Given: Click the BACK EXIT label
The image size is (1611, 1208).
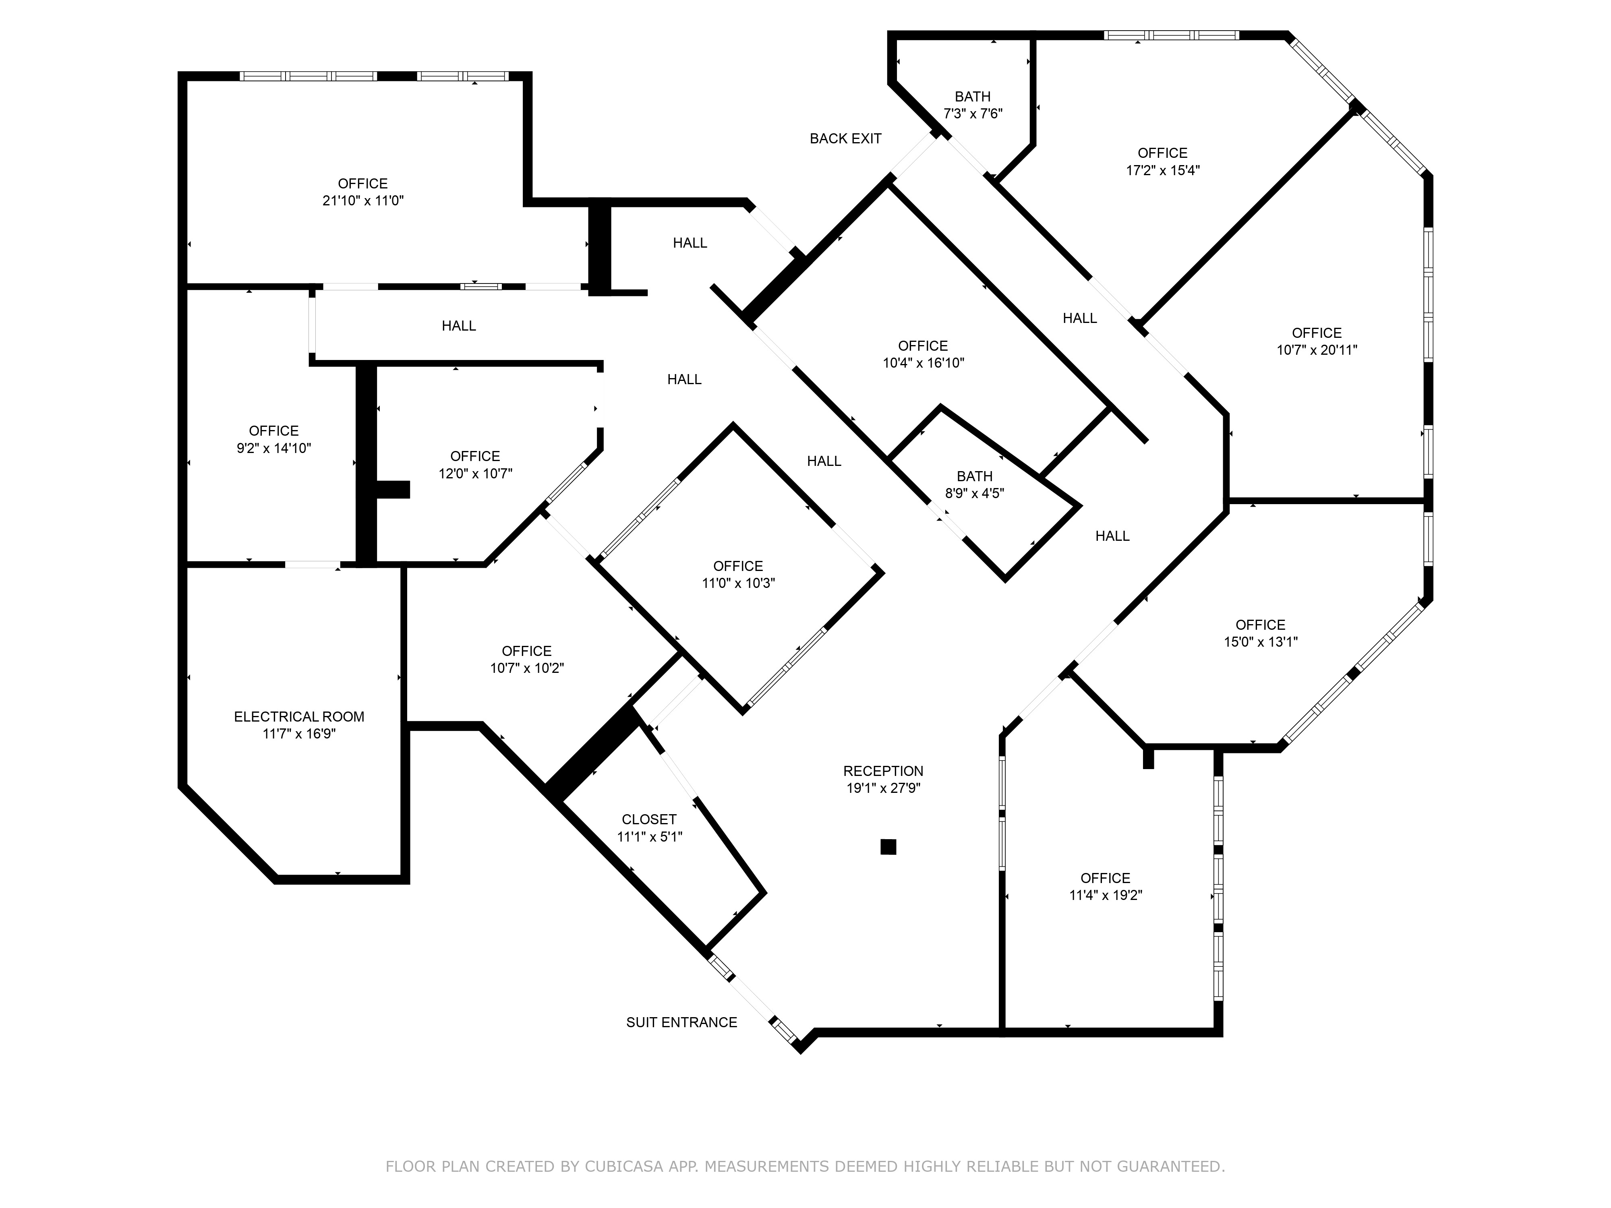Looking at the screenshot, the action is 845,139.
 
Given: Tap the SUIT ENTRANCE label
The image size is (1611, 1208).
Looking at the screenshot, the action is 682,1022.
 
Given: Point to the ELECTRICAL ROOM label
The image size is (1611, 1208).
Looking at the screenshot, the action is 299,716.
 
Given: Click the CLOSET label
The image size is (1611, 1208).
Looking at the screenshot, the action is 649,819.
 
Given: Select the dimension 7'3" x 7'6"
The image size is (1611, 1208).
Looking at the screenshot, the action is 973,114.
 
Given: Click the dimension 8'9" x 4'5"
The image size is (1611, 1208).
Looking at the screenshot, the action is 975,493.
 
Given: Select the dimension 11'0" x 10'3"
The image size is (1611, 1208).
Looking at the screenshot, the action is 738,583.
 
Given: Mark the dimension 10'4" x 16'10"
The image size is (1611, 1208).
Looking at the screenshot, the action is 924,363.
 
